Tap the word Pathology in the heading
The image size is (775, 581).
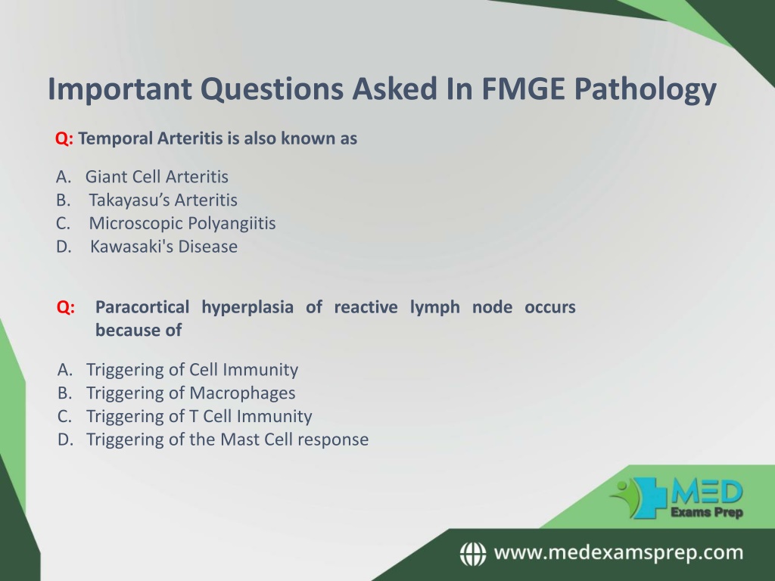[x=645, y=91]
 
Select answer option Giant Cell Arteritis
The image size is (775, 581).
[x=157, y=176]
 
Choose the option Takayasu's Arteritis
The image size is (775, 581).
[x=163, y=200]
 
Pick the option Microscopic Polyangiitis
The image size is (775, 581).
[x=182, y=224]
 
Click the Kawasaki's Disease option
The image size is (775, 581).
[x=163, y=247]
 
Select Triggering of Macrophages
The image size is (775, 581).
[x=191, y=393]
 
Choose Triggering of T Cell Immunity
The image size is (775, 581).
[x=199, y=417]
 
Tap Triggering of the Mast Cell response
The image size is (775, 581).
[x=227, y=440]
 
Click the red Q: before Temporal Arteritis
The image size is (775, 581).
[x=64, y=139]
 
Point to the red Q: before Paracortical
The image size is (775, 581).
[x=66, y=307]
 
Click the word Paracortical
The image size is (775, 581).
[x=142, y=307]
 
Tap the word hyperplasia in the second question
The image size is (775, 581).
[x=247, y=308]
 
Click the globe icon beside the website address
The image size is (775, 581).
[x=473, y=553]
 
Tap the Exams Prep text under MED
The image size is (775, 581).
[x=707, y=512]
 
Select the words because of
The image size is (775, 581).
[x=139, y=330]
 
